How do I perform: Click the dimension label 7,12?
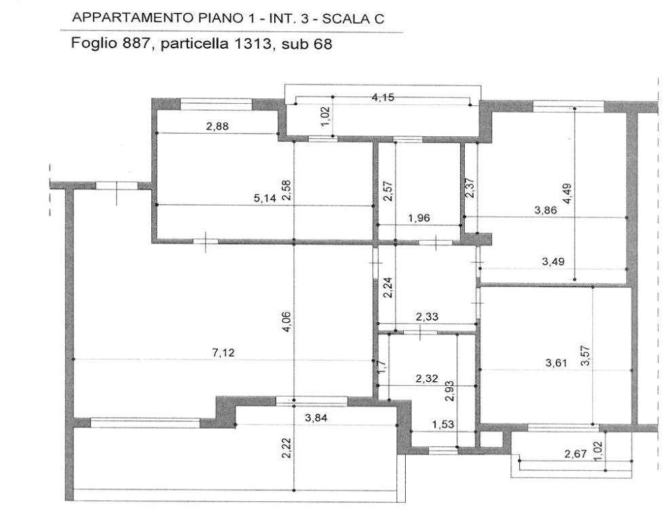(223, 353)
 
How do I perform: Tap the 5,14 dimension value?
(265, 197)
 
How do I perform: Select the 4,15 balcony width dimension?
(383, 97)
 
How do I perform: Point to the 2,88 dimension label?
(217, 126)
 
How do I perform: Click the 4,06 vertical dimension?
(286, 322)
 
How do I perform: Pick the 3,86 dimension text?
(546, 210)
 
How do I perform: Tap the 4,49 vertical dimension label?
(567, 193)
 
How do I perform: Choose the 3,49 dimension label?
(553, 261)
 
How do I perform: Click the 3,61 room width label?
(556, 363)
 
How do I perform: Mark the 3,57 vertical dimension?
(585, 356)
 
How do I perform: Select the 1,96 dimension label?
(419, 218)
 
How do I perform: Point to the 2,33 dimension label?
(427, 316)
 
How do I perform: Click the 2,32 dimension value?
(426, 378)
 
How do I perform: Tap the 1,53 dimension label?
(442, 424)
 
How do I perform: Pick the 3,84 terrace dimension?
(316, 418)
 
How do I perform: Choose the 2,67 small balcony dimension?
(575, 454)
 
